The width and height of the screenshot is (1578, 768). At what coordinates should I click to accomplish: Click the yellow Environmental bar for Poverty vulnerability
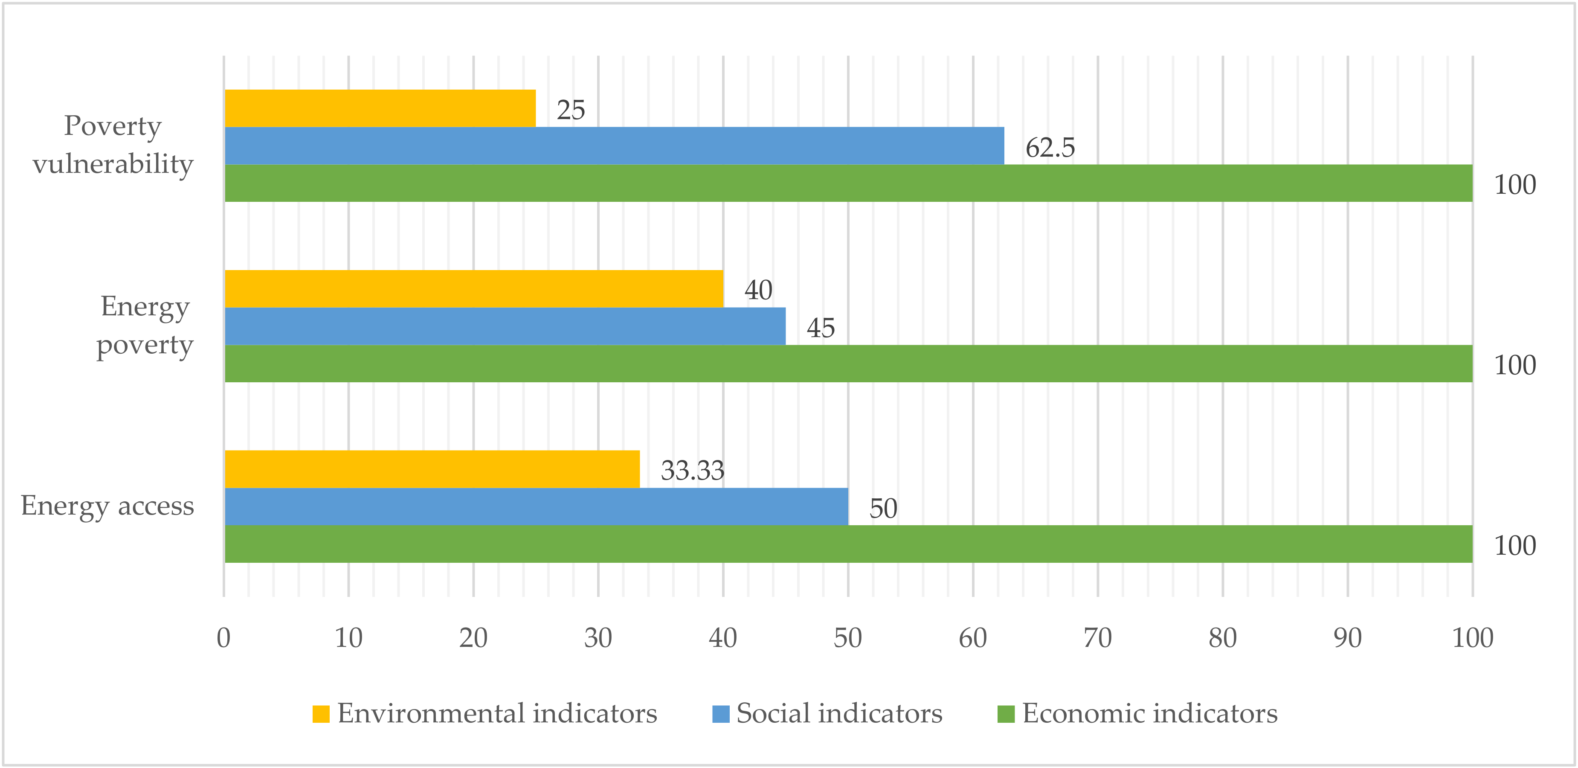tap(380, 108)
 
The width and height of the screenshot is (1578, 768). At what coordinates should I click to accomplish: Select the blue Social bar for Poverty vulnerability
tap(615, 146)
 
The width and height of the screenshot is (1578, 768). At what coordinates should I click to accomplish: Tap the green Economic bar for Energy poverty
tap(848, 364)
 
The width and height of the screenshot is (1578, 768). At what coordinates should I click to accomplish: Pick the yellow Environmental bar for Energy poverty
tap(474, 289)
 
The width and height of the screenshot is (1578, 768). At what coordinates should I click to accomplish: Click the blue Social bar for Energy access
tap(537, 506)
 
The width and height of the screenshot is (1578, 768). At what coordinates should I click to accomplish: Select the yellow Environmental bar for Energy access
tap(432, 469)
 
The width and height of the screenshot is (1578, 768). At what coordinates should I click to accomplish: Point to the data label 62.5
tap(1050, 148)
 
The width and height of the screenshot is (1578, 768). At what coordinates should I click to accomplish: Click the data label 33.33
tap(692, 471)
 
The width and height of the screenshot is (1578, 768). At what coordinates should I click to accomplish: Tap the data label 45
tap(820, 328)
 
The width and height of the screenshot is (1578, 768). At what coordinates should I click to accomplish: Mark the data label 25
tap(570, 111)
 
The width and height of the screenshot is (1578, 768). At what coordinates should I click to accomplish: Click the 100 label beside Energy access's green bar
tap(1514, 546)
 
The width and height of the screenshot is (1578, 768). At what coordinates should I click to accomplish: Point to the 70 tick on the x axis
tap(1097, 638)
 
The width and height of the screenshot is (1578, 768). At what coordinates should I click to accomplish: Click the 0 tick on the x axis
tap(223, 638)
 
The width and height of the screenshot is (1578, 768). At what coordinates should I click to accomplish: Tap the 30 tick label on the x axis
tap(598, 638)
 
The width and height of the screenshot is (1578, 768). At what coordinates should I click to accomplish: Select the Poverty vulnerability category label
tap(113, 145)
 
